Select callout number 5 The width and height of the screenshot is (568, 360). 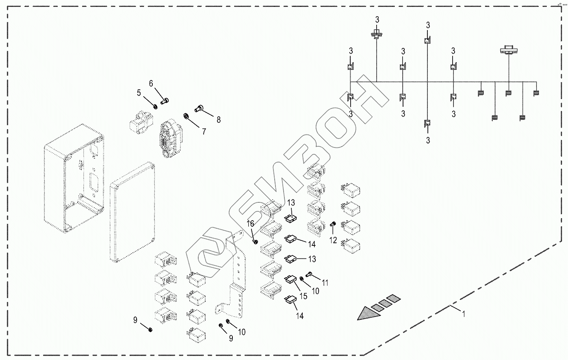[x=139, y=93]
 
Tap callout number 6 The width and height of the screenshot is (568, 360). [x=151, y=84]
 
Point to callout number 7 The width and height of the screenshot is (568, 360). [x=204, y=131]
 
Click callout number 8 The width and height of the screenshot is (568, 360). [x=219, y=119]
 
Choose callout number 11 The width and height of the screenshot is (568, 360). [x=325, y=282]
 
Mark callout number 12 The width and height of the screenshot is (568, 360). [x=333, y=240]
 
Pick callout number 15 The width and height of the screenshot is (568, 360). [x=304, y=296]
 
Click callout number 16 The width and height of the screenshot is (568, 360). [x=251, y=223]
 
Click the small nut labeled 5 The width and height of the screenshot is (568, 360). [x=155, y=107]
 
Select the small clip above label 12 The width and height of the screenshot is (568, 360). [x=333, y=223]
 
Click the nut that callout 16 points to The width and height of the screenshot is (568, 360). [x=256, y=242]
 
